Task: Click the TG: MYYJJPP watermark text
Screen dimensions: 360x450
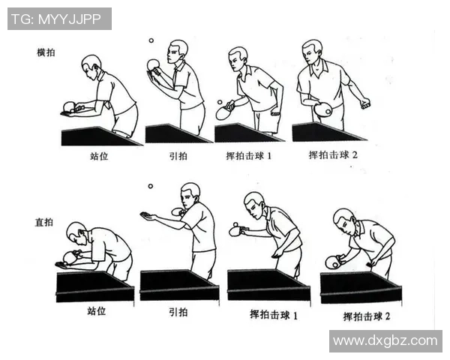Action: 59,19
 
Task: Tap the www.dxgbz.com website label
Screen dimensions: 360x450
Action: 385,340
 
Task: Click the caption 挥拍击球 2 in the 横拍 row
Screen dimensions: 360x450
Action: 334,155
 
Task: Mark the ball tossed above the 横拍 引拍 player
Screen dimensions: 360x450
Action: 151,40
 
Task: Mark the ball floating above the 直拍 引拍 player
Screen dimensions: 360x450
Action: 150,186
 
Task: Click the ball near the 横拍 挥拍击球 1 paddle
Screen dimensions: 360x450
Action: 219,101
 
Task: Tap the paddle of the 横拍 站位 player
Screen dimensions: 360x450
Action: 69,105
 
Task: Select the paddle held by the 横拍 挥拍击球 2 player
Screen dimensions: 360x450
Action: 324,109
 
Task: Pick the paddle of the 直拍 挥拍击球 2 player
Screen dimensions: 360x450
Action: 332,262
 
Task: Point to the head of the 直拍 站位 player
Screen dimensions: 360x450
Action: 76,232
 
